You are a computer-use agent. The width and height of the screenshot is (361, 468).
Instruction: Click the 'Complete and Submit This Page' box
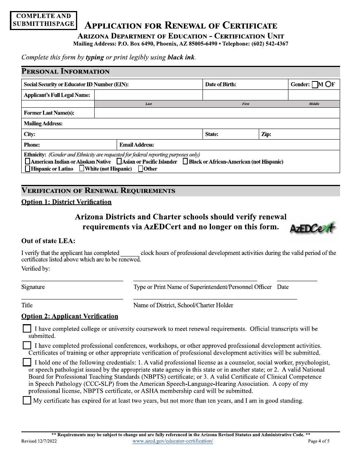(x=43, y=20)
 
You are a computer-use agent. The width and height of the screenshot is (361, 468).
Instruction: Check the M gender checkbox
(x=315, y=85)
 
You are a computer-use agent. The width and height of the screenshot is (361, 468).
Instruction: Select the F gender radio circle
(x=328, y=84)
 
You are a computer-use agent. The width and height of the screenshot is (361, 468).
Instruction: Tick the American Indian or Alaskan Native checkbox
(x=27, y=161)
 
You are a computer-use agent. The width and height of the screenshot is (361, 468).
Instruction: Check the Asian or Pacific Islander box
(x=119, y=161)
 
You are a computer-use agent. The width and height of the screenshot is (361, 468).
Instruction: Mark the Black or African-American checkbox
(x=185, y=161)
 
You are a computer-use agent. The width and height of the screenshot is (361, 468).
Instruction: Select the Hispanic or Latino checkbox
(x=27, y=169)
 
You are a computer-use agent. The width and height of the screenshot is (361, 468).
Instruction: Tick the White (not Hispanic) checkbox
(x=82, y=169)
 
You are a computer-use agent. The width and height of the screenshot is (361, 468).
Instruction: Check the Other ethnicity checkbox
(x=141, y=169)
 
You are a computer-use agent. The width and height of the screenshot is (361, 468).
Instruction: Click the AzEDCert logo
(x=313, y=228)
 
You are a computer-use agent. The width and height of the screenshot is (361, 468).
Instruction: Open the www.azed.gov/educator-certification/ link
(x=173, y=441)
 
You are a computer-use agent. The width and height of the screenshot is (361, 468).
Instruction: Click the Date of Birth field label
(x=220, y=84)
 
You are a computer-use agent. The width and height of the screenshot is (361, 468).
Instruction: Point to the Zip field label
(x=266, y=134)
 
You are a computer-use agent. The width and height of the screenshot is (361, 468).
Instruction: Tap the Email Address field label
(x=136, y=145)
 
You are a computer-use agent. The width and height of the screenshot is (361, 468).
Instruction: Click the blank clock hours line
(x=130, y=253)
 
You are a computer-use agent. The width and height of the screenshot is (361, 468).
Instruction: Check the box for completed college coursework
(x=27, y=329)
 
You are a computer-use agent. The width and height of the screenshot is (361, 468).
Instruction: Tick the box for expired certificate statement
(x=27, y=400)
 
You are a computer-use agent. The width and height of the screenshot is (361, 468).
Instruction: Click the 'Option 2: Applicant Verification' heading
(x=70, y=316)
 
